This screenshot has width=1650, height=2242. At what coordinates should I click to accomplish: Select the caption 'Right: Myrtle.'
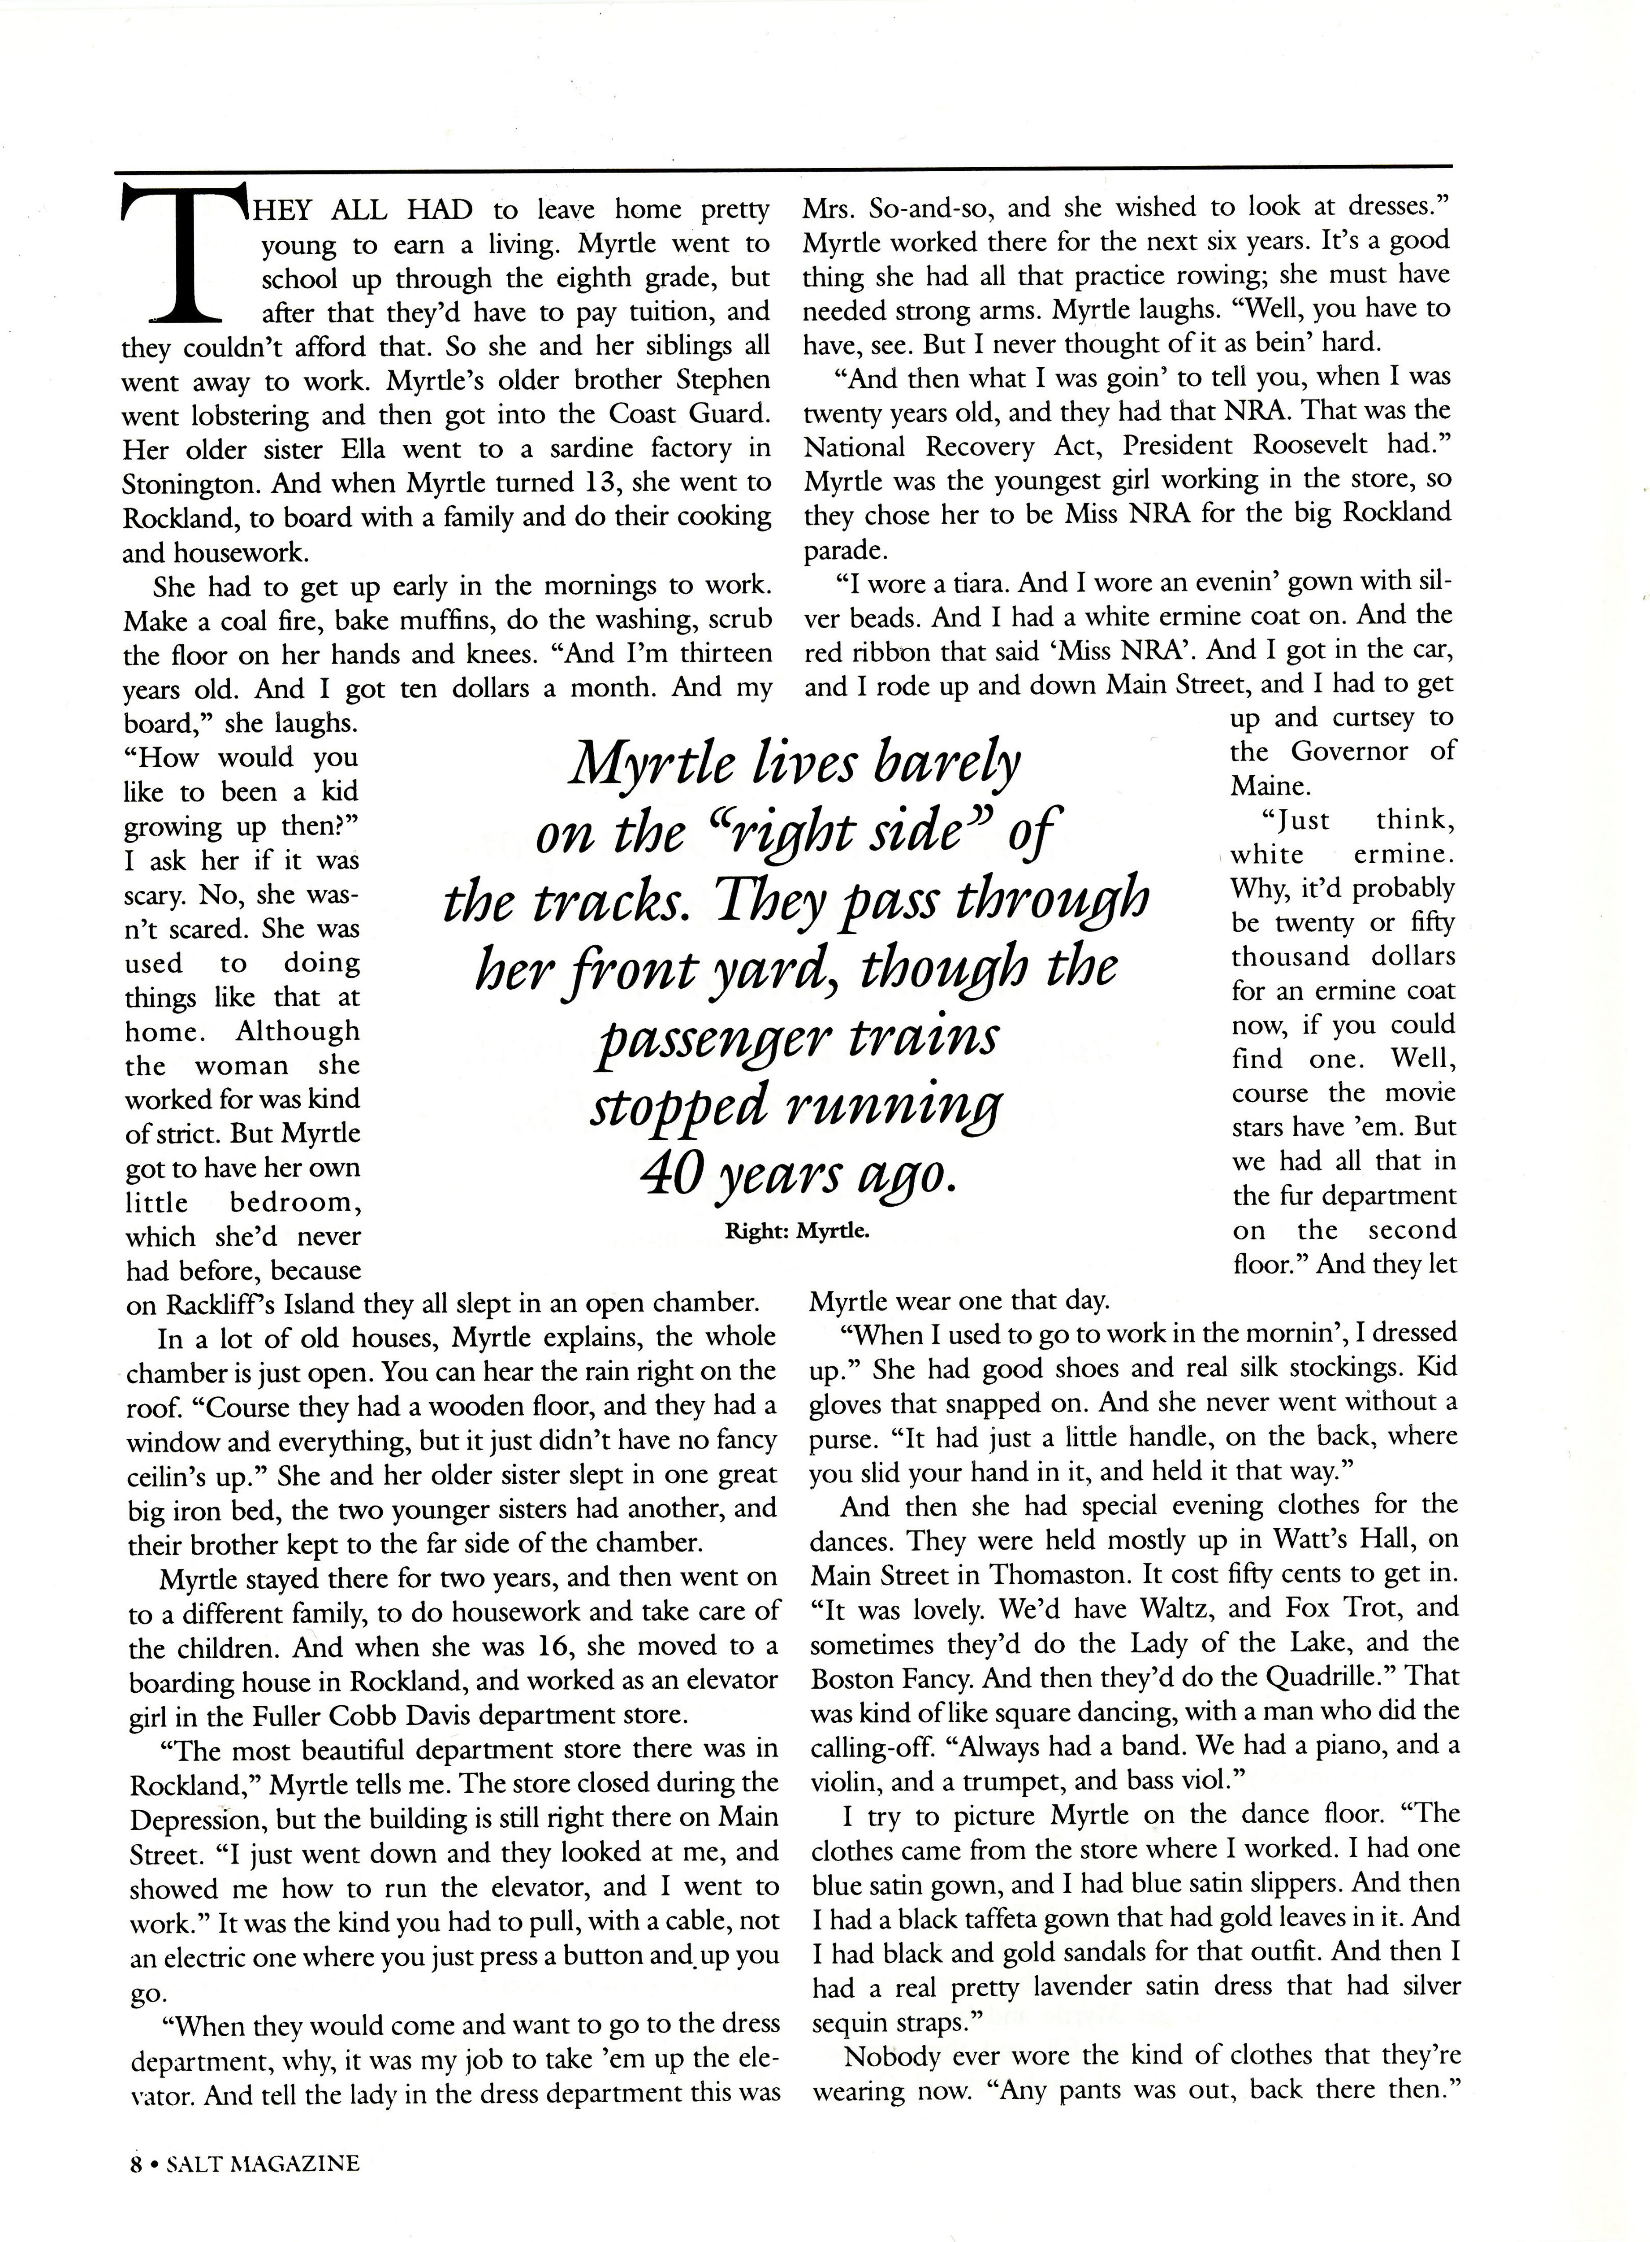pyautogui.click(x=797, y=1231)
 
